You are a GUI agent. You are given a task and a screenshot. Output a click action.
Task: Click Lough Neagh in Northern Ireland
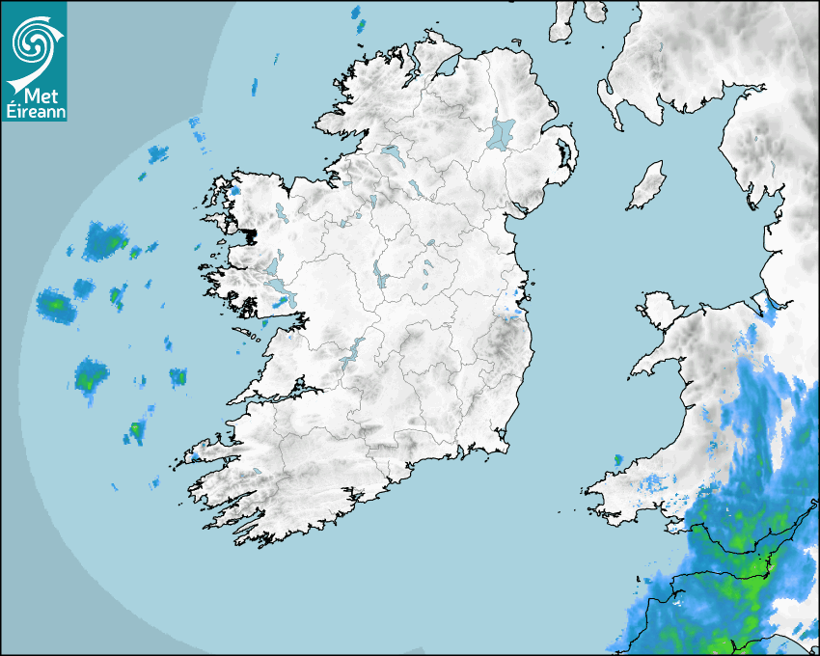(x=502, y=132)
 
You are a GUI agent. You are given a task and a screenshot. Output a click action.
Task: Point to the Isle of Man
(x=647, y=186)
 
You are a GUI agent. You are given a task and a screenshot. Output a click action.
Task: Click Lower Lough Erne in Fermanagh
(x=392, y=153)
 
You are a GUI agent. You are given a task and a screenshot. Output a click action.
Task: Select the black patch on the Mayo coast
(x=250, y=233)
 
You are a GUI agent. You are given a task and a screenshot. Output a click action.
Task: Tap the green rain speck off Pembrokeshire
(x=617, y=459)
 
